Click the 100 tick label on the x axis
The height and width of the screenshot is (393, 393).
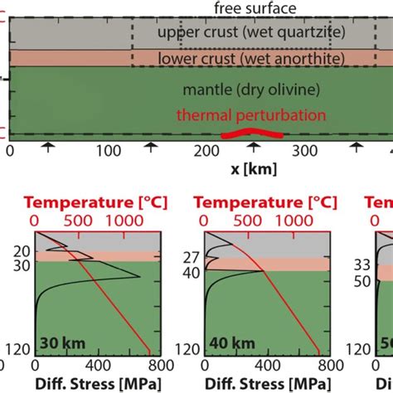pyautogui.click(x=108, y=152)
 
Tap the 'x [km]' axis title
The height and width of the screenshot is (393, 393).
pyautogui.click(x=254, y=168)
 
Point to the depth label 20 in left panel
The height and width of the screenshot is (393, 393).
pyautogui.click(x=22, y=250)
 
